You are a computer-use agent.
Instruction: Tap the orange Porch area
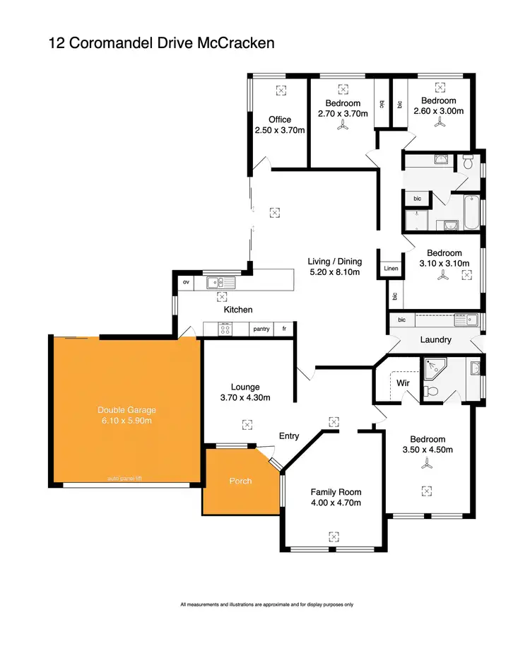coord(241,481)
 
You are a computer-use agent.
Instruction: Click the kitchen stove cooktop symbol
coord(226,329)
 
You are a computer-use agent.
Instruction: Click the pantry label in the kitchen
coord(261,329)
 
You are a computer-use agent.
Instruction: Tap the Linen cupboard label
coord(391,269)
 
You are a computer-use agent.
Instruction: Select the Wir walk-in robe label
coord(404,383)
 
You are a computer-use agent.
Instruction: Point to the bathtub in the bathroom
coord(467,211)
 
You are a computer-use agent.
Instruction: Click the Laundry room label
coord(435,339)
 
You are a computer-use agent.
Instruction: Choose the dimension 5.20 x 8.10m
coord(335,271)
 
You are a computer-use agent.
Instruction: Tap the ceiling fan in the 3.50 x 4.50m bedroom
coord(426,465)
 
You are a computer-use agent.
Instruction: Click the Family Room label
coord(336,492)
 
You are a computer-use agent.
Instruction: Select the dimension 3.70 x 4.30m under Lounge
coord(245,397)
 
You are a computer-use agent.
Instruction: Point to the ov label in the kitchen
coord(187,282)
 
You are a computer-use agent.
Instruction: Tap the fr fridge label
coord(284,329)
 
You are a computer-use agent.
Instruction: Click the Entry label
coord(289,436)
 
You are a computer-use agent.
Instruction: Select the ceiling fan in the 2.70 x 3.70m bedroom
coord(343,125)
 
